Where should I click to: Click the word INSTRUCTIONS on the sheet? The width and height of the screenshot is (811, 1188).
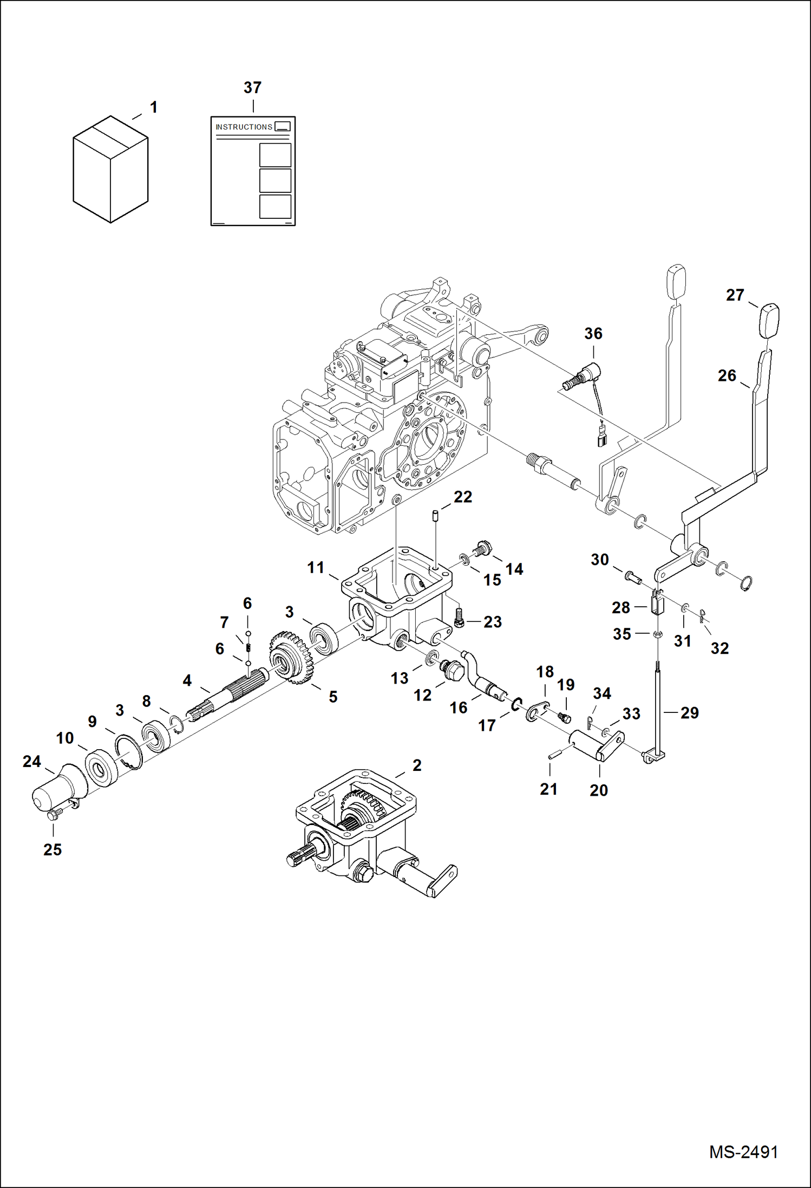click(244, 127)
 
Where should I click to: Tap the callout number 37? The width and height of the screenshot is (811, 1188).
click(252, 87)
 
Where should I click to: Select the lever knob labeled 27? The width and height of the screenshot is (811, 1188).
click(769, 321)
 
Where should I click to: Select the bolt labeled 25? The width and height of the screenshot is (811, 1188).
click(53, 815)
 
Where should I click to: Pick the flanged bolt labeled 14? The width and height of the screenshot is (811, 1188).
click(483, 548)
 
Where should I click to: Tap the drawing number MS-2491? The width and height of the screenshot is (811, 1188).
click(743, 1152)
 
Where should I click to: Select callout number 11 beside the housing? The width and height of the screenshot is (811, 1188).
click(316, 567)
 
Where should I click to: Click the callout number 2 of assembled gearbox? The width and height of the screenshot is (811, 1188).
click(417, 765)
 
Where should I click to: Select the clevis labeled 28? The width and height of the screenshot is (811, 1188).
click(657, 603)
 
